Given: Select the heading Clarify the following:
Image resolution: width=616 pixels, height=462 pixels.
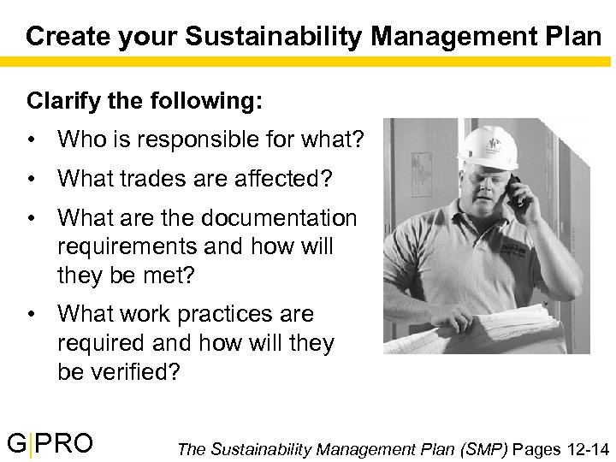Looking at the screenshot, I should tap(145, 101).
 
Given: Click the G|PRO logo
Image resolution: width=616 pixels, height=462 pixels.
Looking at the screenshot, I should tap(50, 443).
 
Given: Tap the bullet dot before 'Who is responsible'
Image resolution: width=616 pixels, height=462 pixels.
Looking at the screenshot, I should tap(31, 139).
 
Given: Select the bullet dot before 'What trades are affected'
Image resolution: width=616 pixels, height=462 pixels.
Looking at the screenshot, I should tap(31, 178).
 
